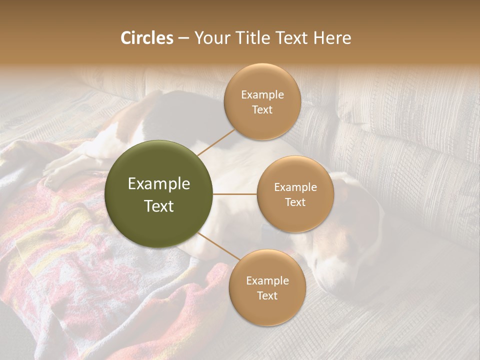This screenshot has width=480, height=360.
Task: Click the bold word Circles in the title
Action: pyautogui.click(x=146, y=38)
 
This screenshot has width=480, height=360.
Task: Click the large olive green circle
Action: pyautogui.click(x=159, y=194)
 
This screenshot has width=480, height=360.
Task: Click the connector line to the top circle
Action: pyautogui.click(x=216, y=142)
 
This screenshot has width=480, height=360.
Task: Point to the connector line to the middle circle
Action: pyautogui.click(x=235, y=194)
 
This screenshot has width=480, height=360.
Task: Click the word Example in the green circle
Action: pyautogui.click(x=159, y=183)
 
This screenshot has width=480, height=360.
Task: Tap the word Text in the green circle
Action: pyautogui.click(x=159, y=206)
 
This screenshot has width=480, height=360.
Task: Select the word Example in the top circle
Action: pyautogui.click(x=262, y=95)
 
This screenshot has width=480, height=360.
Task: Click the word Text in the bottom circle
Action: pyautogui.click(x=267, y=295)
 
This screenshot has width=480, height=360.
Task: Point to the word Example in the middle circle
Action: pyautogui.click(x=295, y=187)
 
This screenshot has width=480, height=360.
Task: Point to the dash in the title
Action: pyautogui.click(x=182, y=38)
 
